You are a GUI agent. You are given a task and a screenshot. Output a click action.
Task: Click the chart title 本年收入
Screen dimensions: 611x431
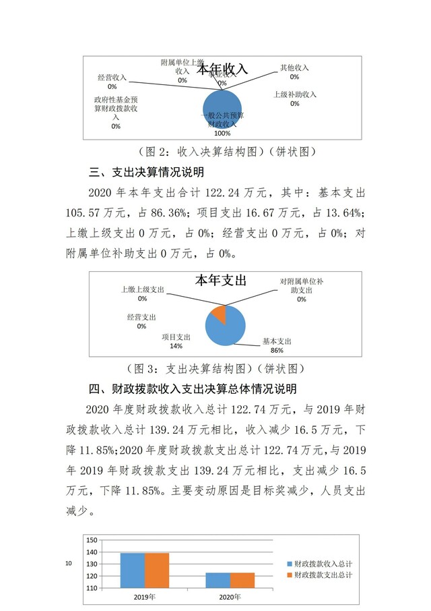[222, 69]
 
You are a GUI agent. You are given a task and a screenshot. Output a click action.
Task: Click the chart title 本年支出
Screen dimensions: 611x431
[220, 280]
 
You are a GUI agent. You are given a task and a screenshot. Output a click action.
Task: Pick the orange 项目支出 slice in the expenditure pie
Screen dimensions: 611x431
[218, 314]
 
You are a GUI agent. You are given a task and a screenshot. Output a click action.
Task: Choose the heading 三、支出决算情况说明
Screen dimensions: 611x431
[137, 171]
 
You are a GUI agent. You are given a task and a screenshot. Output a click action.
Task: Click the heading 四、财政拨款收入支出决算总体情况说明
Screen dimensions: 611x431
[192, 389]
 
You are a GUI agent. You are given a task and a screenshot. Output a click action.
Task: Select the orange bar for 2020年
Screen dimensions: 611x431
[242, 580]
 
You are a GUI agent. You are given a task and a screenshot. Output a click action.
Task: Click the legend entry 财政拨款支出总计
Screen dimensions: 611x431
[324, 575]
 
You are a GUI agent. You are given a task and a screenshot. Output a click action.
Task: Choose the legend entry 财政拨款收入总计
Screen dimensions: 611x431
[324, 563]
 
